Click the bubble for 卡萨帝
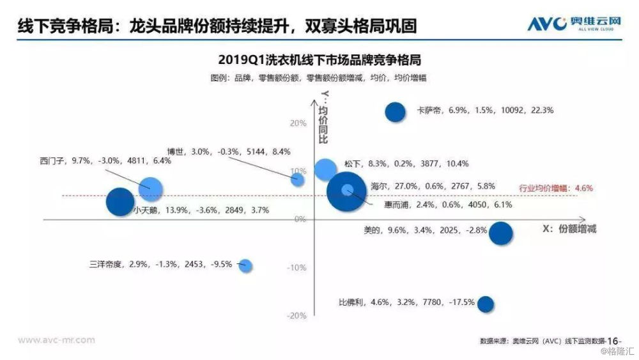396,112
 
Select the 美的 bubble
500,233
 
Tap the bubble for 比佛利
486,304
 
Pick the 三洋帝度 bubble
245,265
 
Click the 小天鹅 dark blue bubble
119,201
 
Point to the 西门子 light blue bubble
151,189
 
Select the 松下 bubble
325,169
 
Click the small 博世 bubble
298,179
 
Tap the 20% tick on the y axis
298,123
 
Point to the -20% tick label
296,316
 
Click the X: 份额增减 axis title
569,229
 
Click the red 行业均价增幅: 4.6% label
555,188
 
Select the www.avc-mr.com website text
56,340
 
